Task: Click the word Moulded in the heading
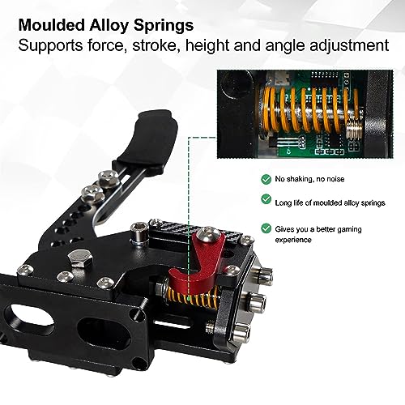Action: [52, 25]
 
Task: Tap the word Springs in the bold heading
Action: [164, 27]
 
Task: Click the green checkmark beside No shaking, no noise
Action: [266, 179]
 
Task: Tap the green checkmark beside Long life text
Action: [266, 199]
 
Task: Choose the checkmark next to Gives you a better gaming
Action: [266, 228]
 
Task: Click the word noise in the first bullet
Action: [335, 179]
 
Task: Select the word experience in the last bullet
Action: [293, 240]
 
